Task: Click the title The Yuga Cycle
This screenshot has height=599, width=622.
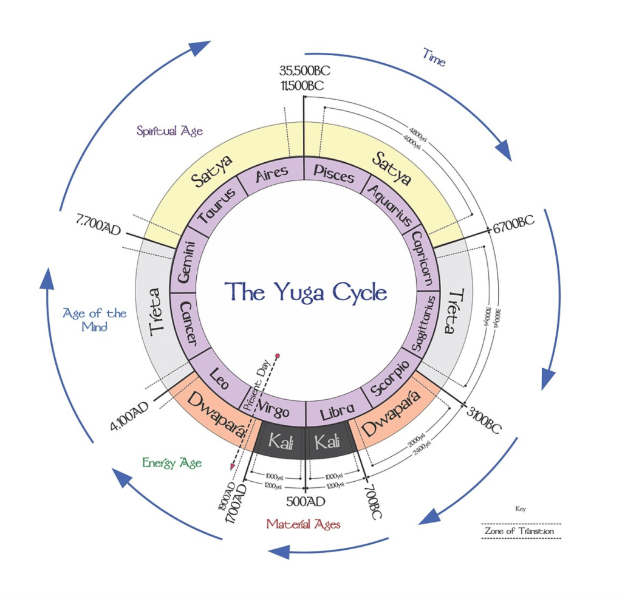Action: (306, 292)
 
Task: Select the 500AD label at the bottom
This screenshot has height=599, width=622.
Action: (306, 502)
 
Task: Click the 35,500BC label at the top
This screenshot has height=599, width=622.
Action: (305, 70)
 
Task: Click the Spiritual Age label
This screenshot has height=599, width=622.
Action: (169, 131)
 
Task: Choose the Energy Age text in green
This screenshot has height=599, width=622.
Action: (172, 464)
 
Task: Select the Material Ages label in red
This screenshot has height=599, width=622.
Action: (304, 524)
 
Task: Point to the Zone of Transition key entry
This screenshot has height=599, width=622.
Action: (519, 531)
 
